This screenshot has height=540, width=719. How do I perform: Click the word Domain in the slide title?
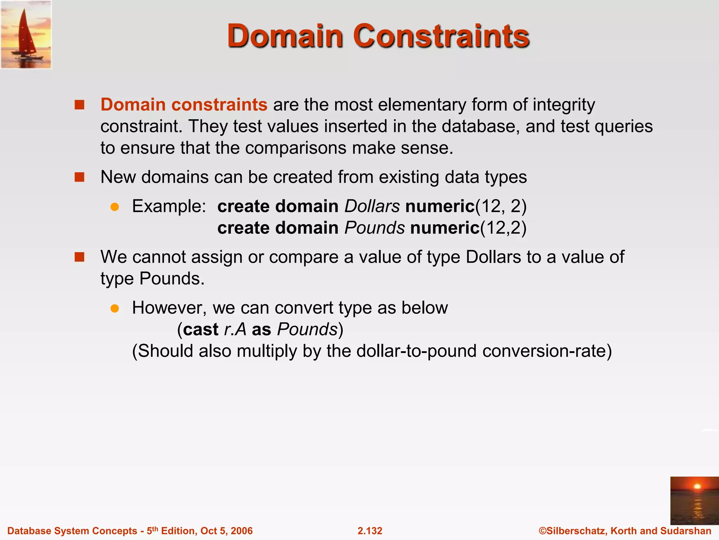(285, 36)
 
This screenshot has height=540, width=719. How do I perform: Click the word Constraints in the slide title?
(441, 36)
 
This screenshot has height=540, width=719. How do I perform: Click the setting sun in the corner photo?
(697, 487)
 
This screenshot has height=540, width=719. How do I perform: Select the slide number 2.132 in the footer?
(370, 531)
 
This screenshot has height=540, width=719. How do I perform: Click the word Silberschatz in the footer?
(576, 531)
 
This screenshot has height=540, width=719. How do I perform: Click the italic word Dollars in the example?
(372, 206)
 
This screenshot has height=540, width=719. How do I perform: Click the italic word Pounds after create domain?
(374, 228)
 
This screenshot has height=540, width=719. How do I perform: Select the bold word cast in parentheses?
(200, 329)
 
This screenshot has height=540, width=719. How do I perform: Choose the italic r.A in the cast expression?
(235, 329)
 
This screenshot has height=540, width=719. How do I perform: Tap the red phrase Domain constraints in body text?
(184, 105)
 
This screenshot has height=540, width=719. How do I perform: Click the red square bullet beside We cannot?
(80, 257)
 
